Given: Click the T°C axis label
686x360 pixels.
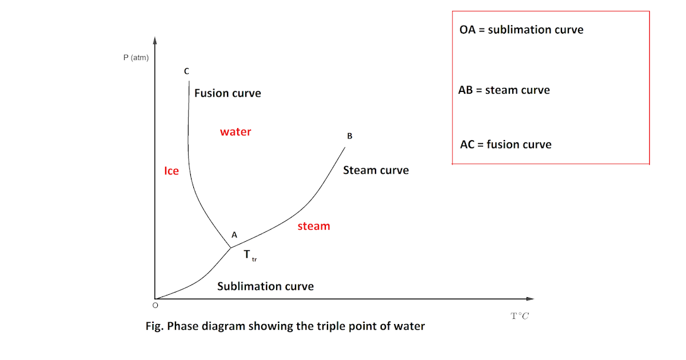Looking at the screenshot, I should pyautogui.click(x=520, y=316).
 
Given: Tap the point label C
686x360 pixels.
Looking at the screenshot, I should pyautogui.click(x=186, y=71).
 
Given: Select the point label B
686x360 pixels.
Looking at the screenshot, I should pyautogui.click(x=350, y=136).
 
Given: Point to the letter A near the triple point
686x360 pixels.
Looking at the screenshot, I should pyautogui.click(x=234, y=235).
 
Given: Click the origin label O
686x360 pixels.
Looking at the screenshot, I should pyautogui.click(x=154, y=306).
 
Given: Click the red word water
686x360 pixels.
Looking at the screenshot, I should pyautogui.click(x=236, y=132).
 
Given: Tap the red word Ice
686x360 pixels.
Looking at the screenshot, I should pyautogui.click(x=171, y=171).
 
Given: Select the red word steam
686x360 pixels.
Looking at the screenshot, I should pyautogui.click(x=314, y=226).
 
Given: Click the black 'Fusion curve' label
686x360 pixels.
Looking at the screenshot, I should pyautogui.click(x=228, y=93).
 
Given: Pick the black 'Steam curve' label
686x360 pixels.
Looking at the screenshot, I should pyautogui.click(x=376, y=170).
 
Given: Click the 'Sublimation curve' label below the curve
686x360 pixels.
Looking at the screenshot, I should pyautogui.click(x=265, y=286).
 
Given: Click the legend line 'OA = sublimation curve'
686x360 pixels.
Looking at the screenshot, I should pyautogui.click(x=521, y=30).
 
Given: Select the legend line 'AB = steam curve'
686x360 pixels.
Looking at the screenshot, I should pyautogui.click(x=504, y=90).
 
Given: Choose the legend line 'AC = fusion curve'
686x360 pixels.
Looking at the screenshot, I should pyautogui.click(x=505, y=145).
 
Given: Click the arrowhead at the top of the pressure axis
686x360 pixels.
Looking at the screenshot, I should pyautogui.click(x=155, y=40).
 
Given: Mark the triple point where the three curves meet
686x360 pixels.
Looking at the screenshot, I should pyautogui.click(x=230, y=247).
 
